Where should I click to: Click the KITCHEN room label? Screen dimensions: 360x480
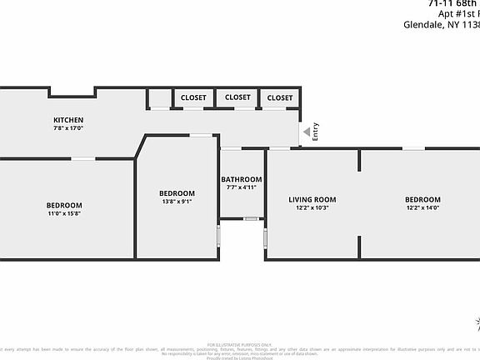68,120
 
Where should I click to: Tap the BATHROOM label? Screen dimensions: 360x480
242,179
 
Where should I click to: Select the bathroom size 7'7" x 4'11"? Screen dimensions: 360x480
242,187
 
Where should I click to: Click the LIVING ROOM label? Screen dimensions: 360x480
312,199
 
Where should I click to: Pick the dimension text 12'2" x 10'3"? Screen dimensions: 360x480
312,207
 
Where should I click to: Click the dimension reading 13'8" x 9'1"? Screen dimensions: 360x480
177,202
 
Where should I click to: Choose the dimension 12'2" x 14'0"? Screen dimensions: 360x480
422,207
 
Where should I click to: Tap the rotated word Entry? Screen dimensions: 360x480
316,132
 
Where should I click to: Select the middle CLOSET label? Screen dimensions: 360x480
237,97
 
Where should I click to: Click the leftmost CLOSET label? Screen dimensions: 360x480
193,97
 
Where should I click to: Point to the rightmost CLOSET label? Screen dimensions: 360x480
280,97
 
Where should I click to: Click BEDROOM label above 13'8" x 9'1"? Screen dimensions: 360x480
177,193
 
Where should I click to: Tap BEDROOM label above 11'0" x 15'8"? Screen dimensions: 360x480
64,206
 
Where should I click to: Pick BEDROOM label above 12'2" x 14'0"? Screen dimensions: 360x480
422,199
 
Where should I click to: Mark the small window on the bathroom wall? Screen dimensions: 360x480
250,218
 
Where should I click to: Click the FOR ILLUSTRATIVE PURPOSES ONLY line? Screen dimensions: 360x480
240,343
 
